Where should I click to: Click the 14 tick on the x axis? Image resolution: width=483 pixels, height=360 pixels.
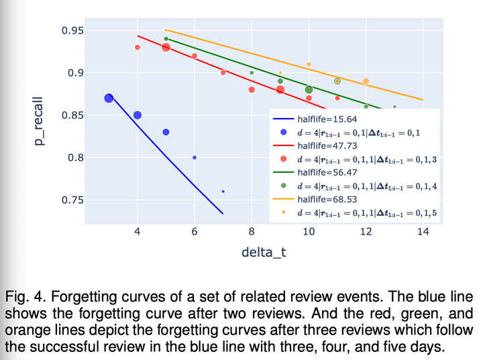click(423, 231)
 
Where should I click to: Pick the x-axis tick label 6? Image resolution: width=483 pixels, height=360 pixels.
click(195, 231)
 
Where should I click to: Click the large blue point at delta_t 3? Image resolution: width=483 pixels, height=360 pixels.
click(109, 98)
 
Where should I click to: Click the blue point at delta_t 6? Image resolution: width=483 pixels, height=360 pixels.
click(195, 158)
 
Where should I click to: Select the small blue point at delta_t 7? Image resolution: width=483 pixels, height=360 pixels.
click(223, 191)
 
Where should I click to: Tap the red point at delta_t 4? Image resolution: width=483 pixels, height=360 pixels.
click(137, 47)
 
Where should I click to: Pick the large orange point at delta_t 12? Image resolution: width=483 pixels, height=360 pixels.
click(366, 81)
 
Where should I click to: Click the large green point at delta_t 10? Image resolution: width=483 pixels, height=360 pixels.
click(309, 89)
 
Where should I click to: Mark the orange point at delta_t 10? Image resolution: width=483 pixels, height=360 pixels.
click(309, 64)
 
